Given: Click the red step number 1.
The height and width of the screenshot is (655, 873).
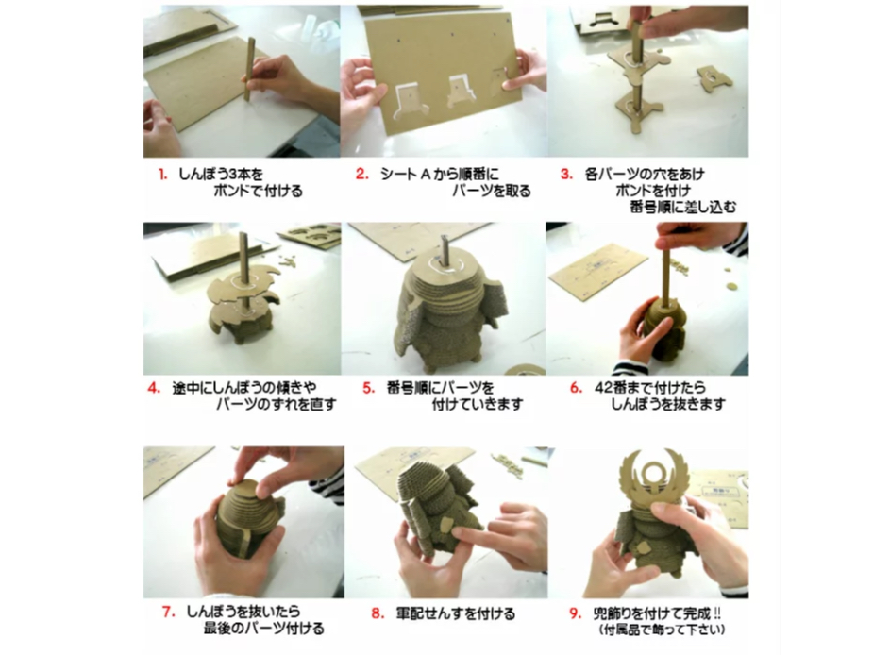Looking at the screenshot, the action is coord(162,175).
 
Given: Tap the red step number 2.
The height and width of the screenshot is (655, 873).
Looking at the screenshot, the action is coord(362,175).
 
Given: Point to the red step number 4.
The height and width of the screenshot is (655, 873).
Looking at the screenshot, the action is coord(154,388).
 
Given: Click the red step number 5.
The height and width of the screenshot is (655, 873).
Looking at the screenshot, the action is coord(369,388).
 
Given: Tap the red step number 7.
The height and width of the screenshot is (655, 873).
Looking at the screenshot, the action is coord(169,613).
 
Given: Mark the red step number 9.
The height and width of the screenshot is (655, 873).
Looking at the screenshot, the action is coord(576,613).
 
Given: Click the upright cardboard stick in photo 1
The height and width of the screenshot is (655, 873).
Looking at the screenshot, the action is coord(248,69).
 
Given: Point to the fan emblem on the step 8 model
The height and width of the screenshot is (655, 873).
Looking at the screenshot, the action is coord(446,524).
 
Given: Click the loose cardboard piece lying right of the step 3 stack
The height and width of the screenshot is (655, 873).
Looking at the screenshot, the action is coord(714,77).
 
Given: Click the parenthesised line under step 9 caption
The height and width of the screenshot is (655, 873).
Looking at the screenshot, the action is coord(662,630).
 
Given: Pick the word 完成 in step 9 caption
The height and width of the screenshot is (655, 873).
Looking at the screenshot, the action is coord(697,613).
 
